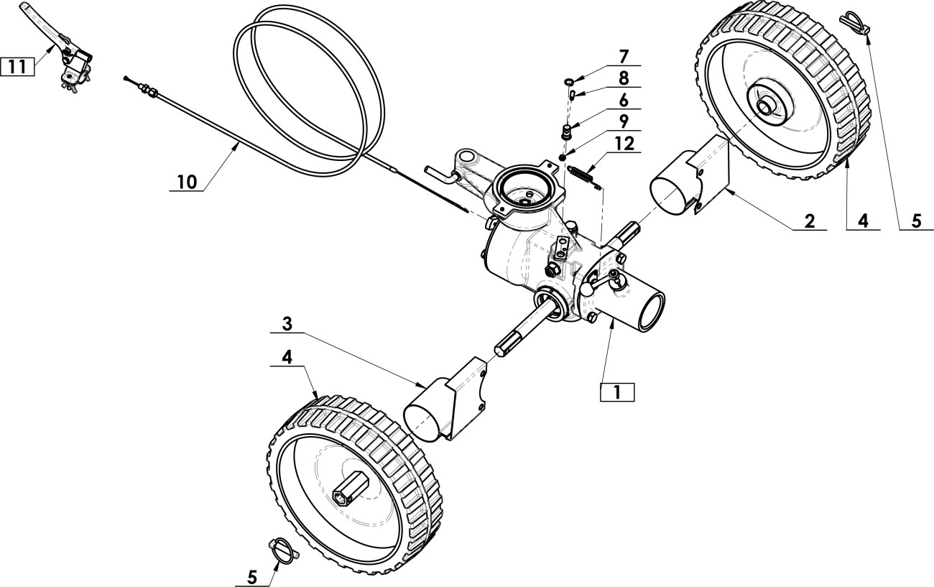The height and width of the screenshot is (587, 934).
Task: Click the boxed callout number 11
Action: (x=17, y=67)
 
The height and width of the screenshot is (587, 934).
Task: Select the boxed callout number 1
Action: (x=617, y=392)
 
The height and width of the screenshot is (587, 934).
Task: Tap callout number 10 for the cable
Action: (x=186, y=182)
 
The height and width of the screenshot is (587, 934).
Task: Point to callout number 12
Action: (x=624, y=144)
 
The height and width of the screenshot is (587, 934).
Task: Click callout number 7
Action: (x=624, y=56)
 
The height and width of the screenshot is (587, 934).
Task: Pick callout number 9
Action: (x=624, y=121)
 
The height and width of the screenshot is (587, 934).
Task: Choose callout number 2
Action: (x=810, y=221)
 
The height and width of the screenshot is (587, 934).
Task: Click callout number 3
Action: (x=287, y=324)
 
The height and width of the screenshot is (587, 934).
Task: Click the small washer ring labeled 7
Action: (x=570, y=81)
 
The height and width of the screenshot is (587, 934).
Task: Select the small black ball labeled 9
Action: (x=563, y=157)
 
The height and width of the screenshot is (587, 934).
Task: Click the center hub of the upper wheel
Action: (x=766, y=107)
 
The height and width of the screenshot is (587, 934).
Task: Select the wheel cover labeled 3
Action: (x=445, y=399)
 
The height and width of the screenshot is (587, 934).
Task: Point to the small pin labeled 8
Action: (x=573, y=95)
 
